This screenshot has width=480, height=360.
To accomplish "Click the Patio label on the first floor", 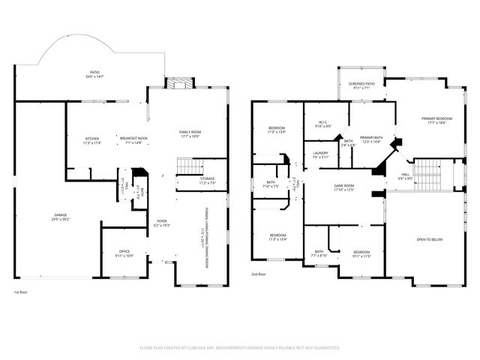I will (x=94, y=72).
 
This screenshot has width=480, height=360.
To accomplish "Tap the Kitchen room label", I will (x=91, y=138).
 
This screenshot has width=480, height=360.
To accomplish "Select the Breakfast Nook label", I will (x=133, y=138).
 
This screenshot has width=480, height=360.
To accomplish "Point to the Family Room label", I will (x=190, y=132).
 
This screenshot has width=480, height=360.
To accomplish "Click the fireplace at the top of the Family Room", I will (x=178, y=82).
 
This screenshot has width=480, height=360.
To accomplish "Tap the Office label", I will (x=124, y=251).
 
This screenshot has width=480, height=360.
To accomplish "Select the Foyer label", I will (x=162, y=221).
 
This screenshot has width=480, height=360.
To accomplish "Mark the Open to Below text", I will (x=429, y=239).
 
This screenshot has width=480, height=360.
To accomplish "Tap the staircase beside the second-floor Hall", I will (x=426, y=175).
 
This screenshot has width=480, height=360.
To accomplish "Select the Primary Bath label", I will (x=371, y=137).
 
